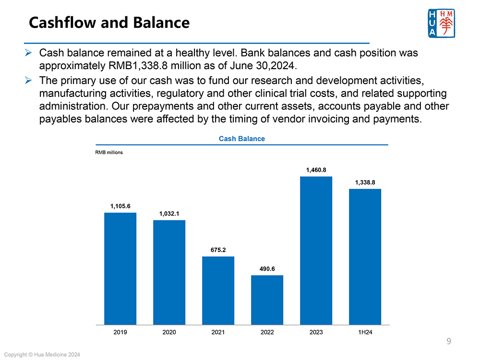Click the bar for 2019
(120, 268)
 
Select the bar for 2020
(169, 272)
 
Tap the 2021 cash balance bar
(218, 290)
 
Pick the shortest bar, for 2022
(267, 300)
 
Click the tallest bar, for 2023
(316, 251)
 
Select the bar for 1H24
(365, 257)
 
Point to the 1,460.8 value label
(316, 170)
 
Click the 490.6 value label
(267, 269)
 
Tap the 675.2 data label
(218, 250)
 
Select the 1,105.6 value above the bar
(120, 206)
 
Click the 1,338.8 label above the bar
(365, 182)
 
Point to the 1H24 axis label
(365, 332)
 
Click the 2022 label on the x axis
(267, 332)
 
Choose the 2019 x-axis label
(120, 332)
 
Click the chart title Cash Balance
(241, 139)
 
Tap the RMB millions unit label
(109, 153)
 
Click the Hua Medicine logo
(440, 23)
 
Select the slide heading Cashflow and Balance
(109, 23)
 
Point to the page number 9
(448, 342)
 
